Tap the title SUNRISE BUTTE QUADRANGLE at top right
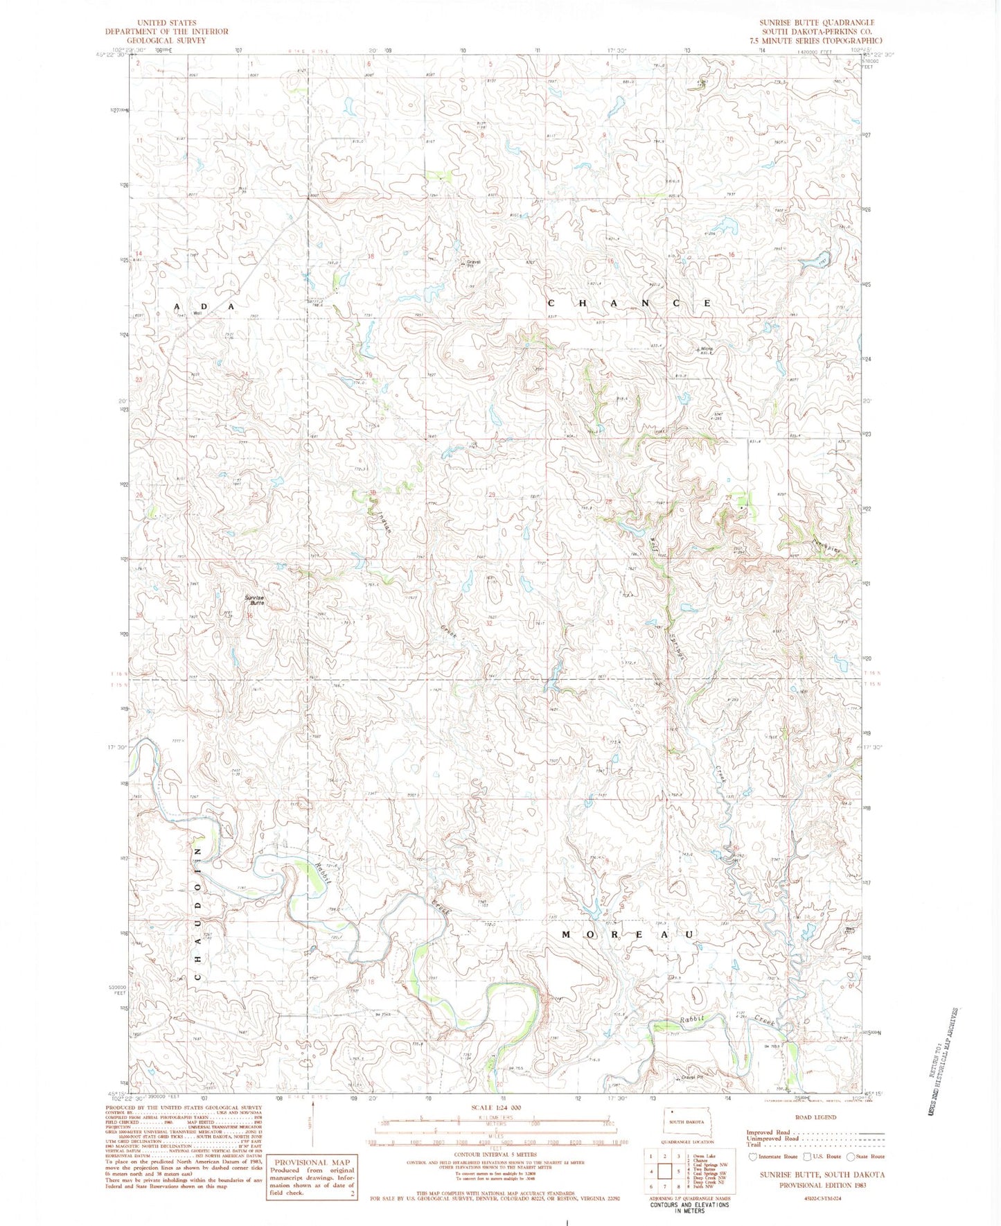coord(817,23)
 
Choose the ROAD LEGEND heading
coord(816,1117)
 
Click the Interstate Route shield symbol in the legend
coord(753,1157)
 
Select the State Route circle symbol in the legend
coord(851,1157)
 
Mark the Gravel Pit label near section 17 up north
coord(474,263)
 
